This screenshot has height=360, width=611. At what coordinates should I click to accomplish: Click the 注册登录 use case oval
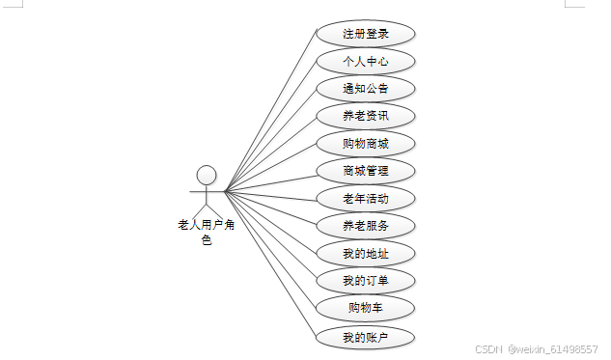[x=366, y=34]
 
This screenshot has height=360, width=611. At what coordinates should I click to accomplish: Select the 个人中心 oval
[x=366, y=61]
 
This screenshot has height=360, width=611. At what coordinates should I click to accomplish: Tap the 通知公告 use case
[x=366, y=89]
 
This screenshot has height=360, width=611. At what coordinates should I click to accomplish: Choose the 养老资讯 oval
[x=366, y=116]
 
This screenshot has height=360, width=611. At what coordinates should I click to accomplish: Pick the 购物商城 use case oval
[x=366, y=144]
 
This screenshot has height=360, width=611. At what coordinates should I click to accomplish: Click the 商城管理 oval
[x=366, y=171]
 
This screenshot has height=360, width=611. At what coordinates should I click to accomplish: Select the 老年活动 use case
[x=366, y=199]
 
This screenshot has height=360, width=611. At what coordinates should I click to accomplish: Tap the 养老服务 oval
[x=366, y=226]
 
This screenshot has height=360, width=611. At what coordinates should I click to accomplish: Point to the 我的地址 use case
[x=366, y=254]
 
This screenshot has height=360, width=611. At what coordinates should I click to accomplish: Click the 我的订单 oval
[x=366, y=281]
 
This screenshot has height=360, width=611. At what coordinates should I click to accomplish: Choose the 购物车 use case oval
[x=366, y=309]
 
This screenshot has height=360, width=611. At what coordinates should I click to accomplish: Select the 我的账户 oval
[x=366, y=337]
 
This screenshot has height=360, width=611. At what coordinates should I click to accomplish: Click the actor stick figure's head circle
[x=206, y=175]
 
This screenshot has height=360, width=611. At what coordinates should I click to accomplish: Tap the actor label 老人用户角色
[x=206, y=232]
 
